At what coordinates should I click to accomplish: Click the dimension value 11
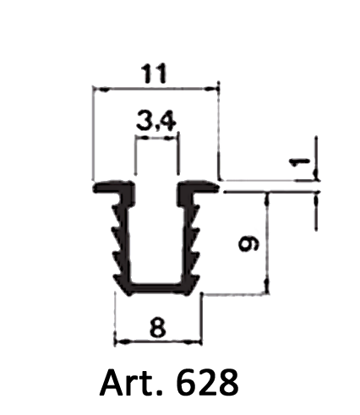click(155, 74)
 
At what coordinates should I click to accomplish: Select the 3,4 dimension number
click(156, 122)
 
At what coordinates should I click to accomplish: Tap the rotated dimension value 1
click(300, 162)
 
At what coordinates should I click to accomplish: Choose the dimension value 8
click(158, 327)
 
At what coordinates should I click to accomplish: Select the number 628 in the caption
click(207, 383)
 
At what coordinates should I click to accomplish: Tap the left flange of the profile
click(112, 188)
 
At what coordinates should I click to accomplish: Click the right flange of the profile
click(199, 187)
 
